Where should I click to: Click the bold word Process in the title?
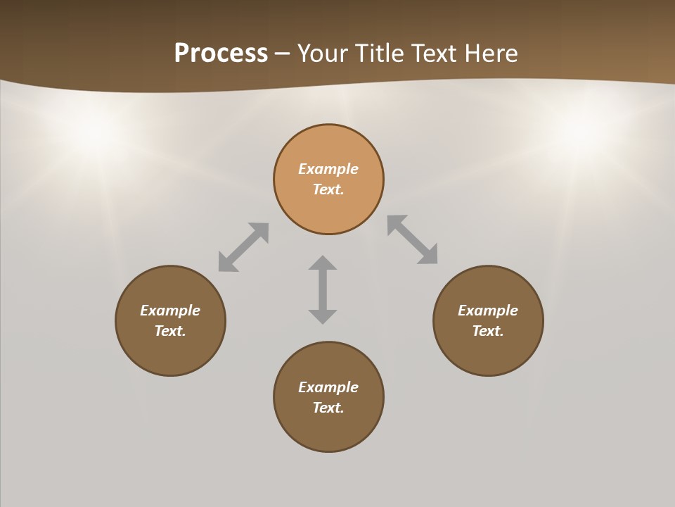coord(221,54)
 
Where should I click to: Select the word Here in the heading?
coord(489,54)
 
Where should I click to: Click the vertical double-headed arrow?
coord(323,289)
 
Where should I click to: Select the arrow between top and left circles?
coord(243,247)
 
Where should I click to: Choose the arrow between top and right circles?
coord(413,239)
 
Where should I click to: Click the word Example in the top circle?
coord(328,169)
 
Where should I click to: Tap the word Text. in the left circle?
coord(170,331)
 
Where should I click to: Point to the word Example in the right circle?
coord(488,311)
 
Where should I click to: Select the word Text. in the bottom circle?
coord(328,408)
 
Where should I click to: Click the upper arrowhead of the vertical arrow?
coord(323,263)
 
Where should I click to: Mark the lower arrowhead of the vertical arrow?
coord(323,315)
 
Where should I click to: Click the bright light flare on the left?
coord(91,134)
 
